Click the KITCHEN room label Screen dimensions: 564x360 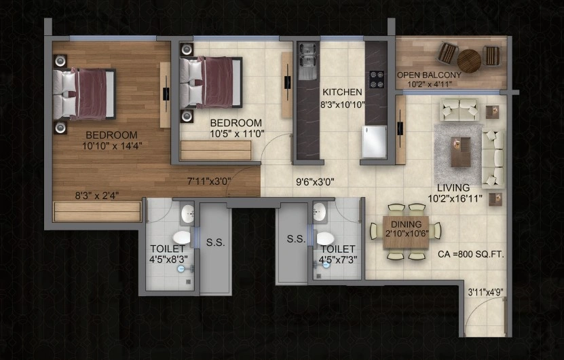tap(342, 92)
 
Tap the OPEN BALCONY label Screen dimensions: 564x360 tap(429, 75)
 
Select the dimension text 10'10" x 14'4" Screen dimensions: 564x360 tap(112, 146)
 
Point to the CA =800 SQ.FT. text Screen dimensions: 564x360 tap(471, 254)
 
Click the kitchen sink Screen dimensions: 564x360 tap(307, 61)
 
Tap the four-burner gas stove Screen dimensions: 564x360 tap(376, 79)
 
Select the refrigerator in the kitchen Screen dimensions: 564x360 tap(374, 142)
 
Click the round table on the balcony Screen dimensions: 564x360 tap(470, 61)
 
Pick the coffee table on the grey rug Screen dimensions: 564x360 tap(461, 152)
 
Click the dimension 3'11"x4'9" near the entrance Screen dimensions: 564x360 tap(485, 292)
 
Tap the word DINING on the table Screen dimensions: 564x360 tap(407, 224)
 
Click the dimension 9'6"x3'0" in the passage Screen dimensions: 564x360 tap(315, 182)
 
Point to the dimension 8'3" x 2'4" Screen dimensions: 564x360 tap(97, 196)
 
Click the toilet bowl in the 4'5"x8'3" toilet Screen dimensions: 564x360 tap(181, 238)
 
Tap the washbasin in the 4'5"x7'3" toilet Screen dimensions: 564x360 tap(320, 211)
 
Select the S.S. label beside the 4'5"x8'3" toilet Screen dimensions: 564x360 tap(215, 242)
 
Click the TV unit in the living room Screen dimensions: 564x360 tap(400, 130)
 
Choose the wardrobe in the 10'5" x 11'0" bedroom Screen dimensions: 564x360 tap(216, 150)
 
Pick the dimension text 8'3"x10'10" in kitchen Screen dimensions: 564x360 tap(343, 105)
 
